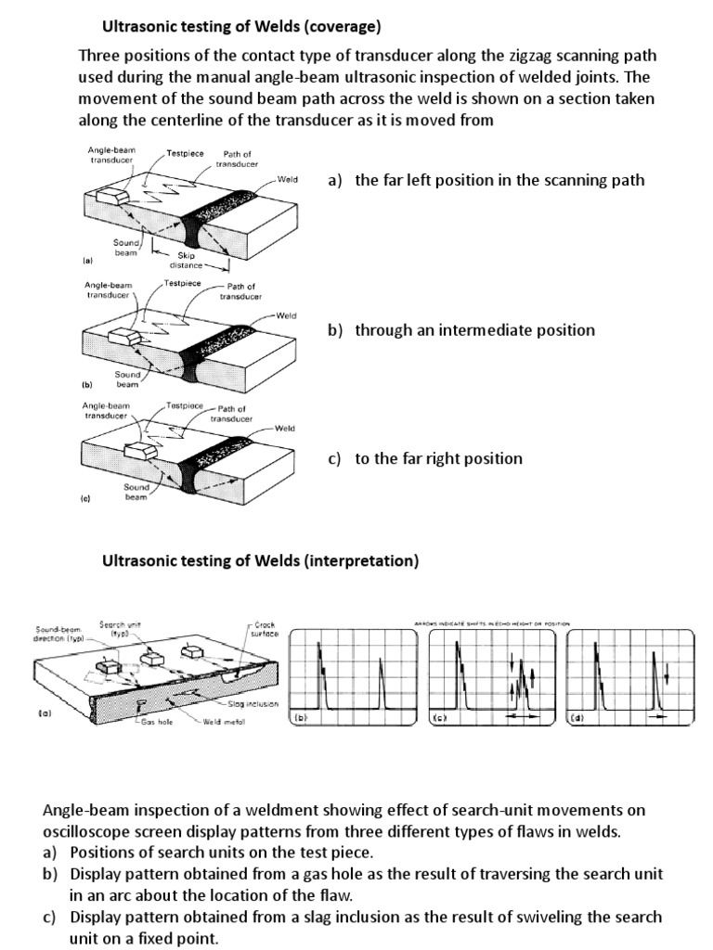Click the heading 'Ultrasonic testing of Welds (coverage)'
coord(241,25)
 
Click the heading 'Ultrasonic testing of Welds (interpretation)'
coord(260,560)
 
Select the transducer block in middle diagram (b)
coord(123,336)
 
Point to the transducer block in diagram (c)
coord(138,451)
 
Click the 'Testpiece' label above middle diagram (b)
coord(183,283)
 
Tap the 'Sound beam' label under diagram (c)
coord(136,492)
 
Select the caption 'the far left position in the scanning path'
coord(498,180)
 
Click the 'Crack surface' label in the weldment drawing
coord(264,629)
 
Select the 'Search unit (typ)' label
coord(115,627)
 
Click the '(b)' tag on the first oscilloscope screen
coord(299,718)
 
